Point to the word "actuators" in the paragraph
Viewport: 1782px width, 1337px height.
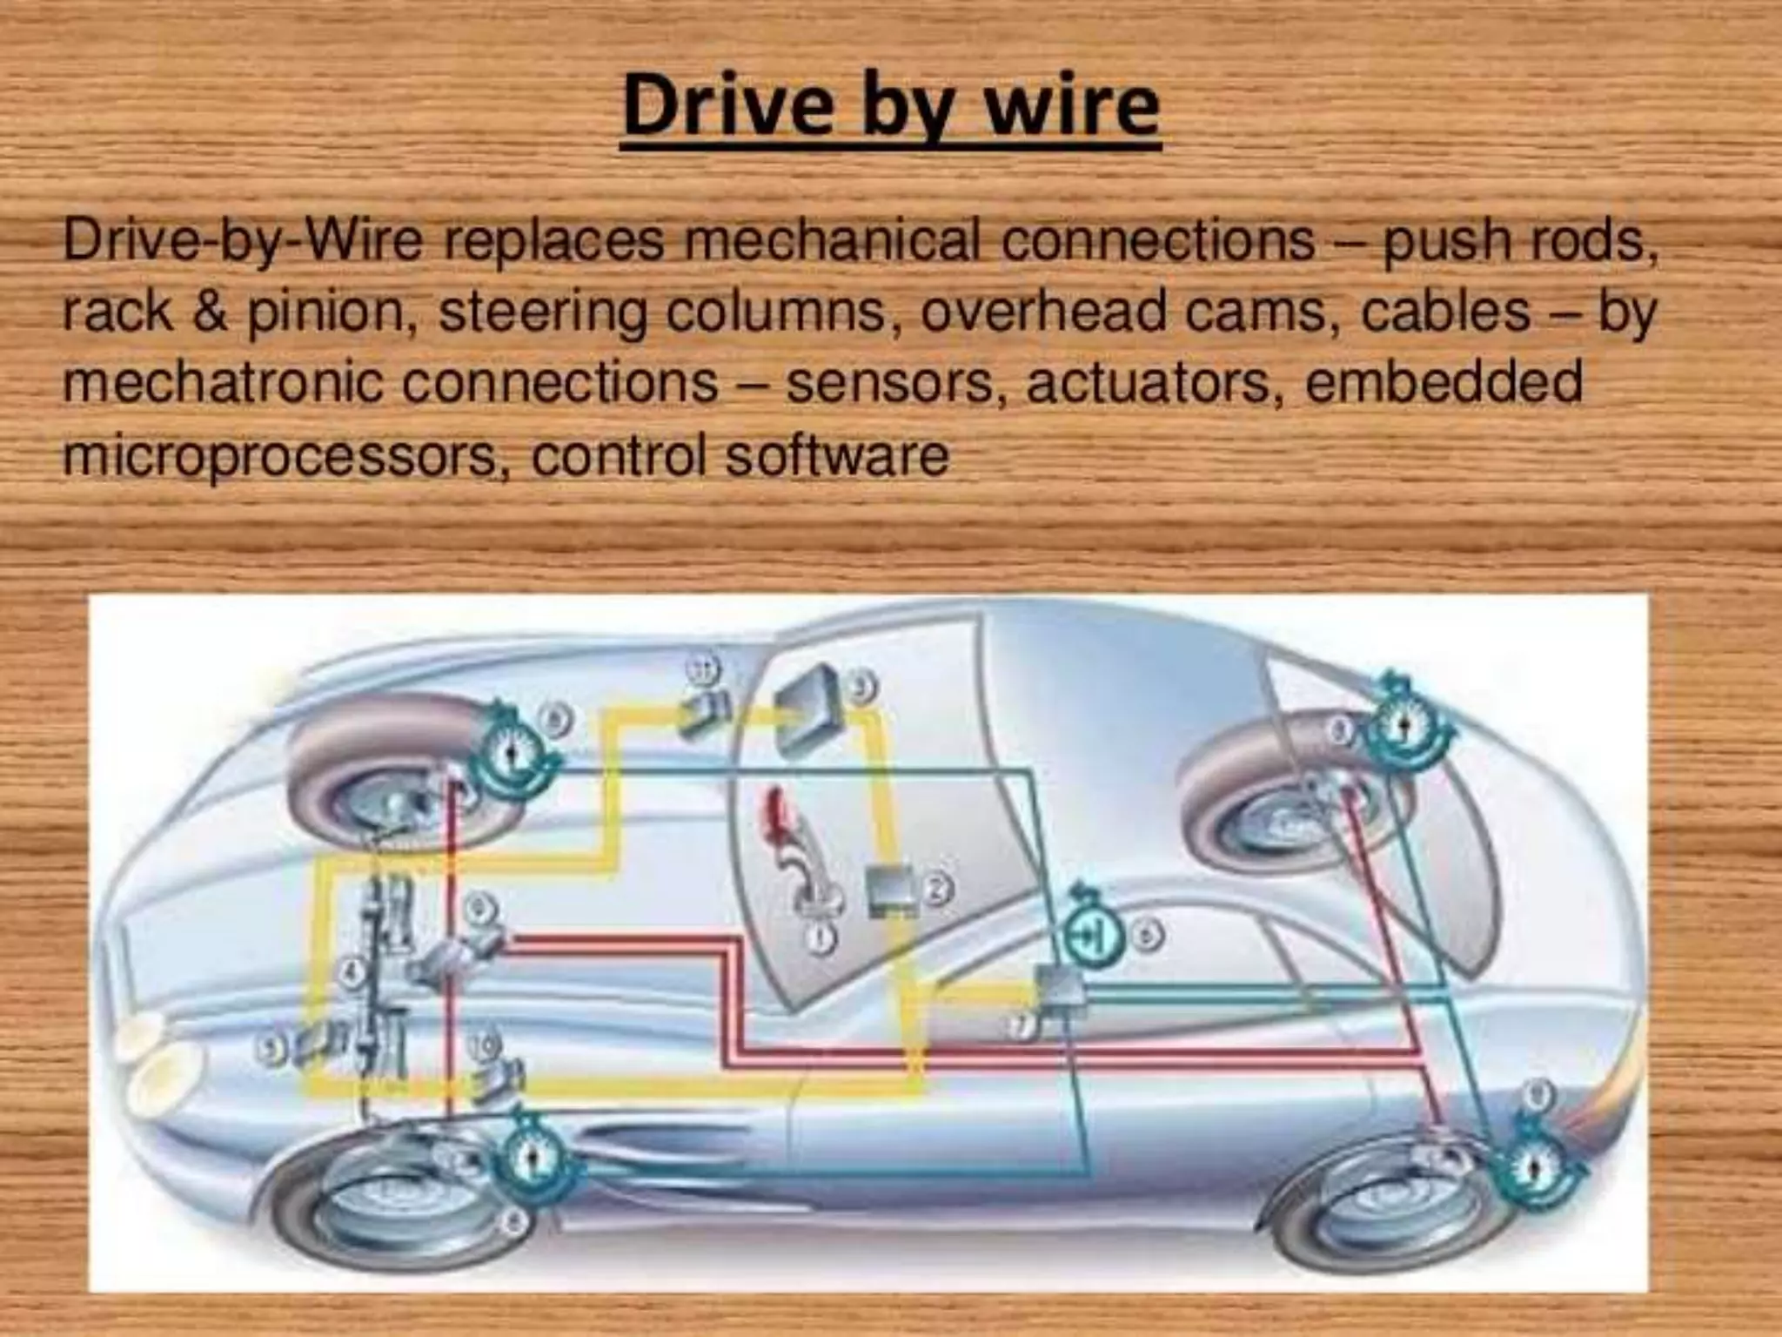(x=1149, y=382)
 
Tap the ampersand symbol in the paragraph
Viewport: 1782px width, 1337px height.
(x=209, y=311)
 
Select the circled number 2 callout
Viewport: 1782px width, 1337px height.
(x=938, y=889)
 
